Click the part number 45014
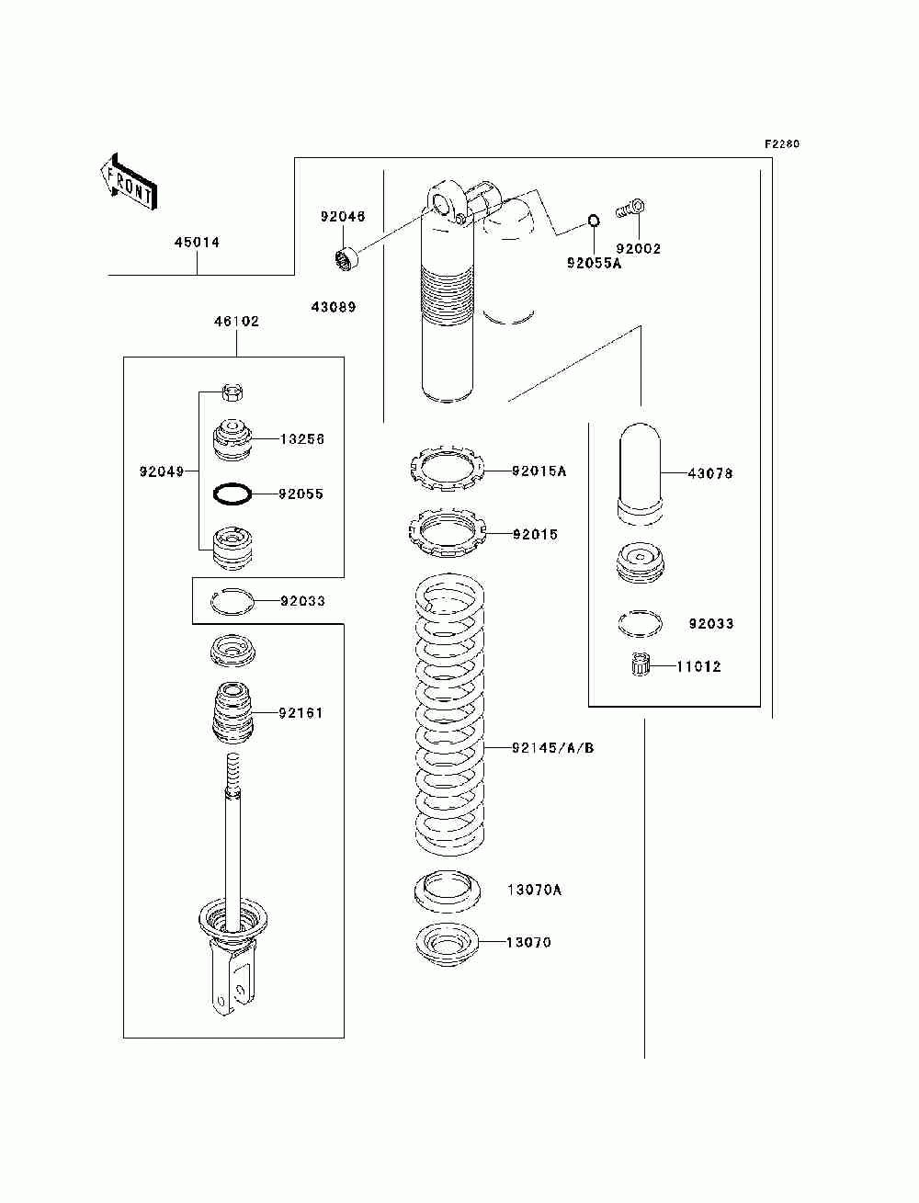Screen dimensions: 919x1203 point(197,243)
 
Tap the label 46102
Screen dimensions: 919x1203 point(236,321)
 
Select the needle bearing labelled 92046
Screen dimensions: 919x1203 point(346,258)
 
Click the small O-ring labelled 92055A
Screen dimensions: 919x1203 point(594,221)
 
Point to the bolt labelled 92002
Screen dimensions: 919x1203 point(630,209)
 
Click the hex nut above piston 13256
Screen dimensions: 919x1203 point(233,392)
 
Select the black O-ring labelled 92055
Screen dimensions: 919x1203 point(233,494)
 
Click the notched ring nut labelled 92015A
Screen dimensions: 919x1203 point(448,468)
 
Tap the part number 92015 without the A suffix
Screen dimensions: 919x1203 point(536,534)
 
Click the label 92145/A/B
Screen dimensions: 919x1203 point(553,748)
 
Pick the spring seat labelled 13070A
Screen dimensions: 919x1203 point(448,891)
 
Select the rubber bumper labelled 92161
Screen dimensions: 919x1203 point(233,713)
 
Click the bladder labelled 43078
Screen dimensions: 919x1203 point(640,474)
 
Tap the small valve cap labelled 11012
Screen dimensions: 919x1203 point(639,664)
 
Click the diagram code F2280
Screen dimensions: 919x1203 point(782,144)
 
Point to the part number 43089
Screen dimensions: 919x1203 point(334,307)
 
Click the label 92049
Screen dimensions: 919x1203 point(162,471)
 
